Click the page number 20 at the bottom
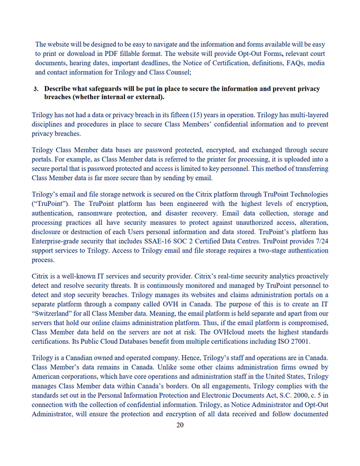click(x=180, y=425)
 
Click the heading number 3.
click(x=36, y=89)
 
